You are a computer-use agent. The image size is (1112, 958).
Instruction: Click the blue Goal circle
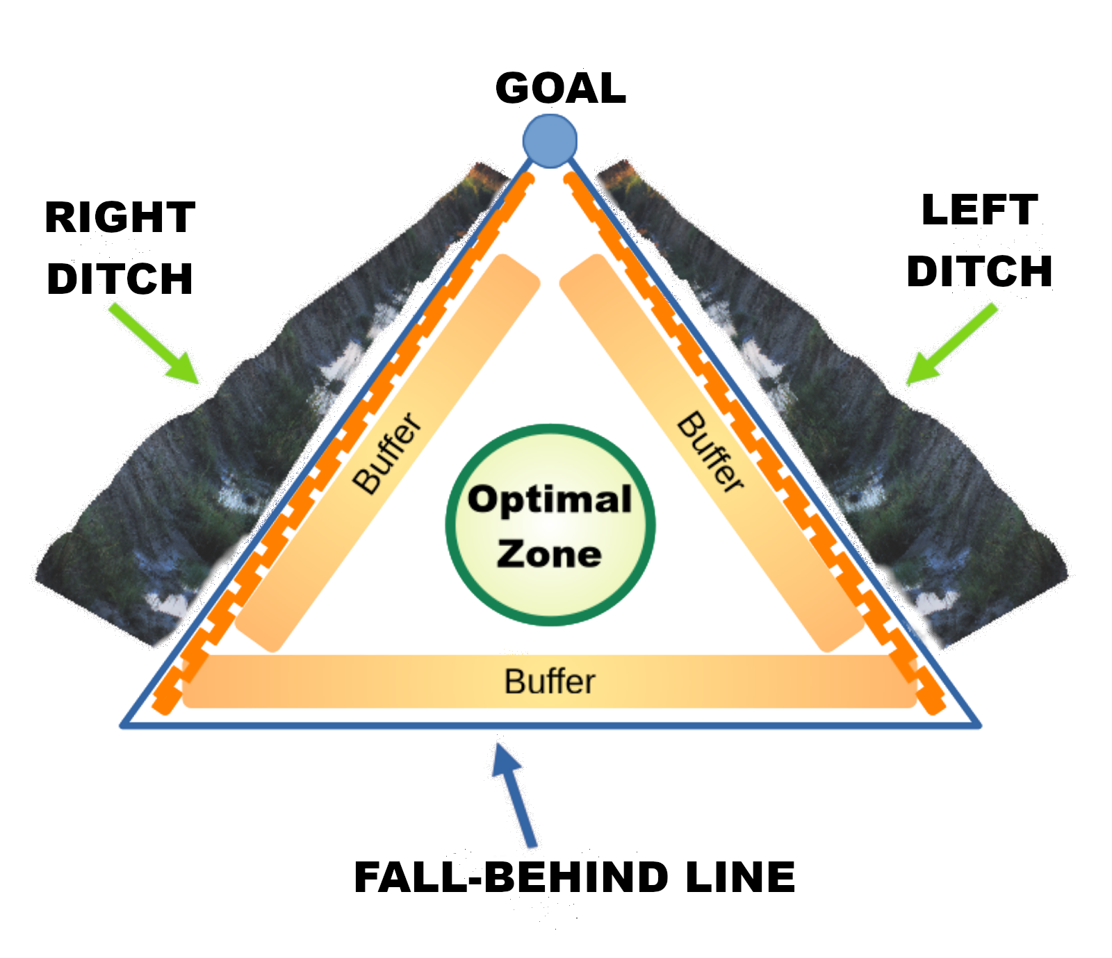coord(550,141)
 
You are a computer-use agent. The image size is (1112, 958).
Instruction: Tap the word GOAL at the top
coord(560,88)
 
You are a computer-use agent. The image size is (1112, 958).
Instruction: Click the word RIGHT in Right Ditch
coord(120,217)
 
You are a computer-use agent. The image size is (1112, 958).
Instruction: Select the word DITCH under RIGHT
coord(120,279)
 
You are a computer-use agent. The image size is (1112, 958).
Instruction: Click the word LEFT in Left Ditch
coord(979,210)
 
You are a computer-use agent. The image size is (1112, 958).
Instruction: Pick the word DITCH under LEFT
coord(979,271)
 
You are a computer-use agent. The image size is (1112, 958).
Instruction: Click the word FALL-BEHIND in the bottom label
coord(511,876)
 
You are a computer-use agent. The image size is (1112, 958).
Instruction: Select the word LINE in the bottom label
coord(740,876)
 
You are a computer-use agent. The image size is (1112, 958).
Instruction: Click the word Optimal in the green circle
coord(550,499)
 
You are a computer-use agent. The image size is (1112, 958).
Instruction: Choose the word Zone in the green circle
coord(549,554)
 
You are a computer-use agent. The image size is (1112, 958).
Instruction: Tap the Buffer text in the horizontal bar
coord(550,682)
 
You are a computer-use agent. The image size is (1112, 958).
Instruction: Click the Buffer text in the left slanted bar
coord(387,453)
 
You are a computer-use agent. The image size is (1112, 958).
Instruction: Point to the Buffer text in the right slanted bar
coord(710,452)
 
